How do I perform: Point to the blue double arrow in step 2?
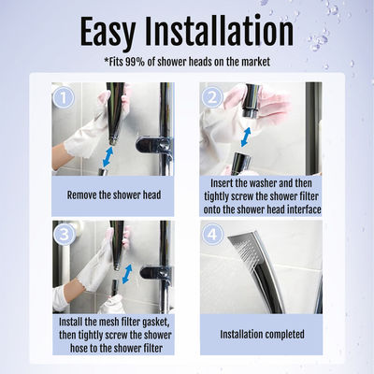(x=246, y=136)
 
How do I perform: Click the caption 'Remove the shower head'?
(x=113, y=195)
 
